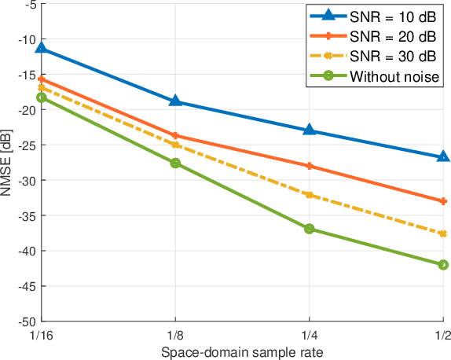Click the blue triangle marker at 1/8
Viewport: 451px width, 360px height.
click(x=175, y=101)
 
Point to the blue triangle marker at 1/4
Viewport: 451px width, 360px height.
click(x=310, y=130)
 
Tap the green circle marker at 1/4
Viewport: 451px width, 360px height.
click(x=310, y=229)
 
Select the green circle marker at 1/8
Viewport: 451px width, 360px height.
click(x=175, y=163)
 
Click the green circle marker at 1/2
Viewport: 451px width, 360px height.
click(x=443, y=265)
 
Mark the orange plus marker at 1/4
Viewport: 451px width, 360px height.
click(x=310, y=166)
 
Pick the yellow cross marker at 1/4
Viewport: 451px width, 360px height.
click(x=310, y=195)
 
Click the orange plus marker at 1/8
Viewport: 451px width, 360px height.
click(x=175, y=135)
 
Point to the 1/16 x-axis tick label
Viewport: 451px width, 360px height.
click(x=41, y=335)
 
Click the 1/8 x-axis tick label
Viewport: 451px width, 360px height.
click(x=175, y=335)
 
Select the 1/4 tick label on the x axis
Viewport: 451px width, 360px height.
click(x=310, y=335)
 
